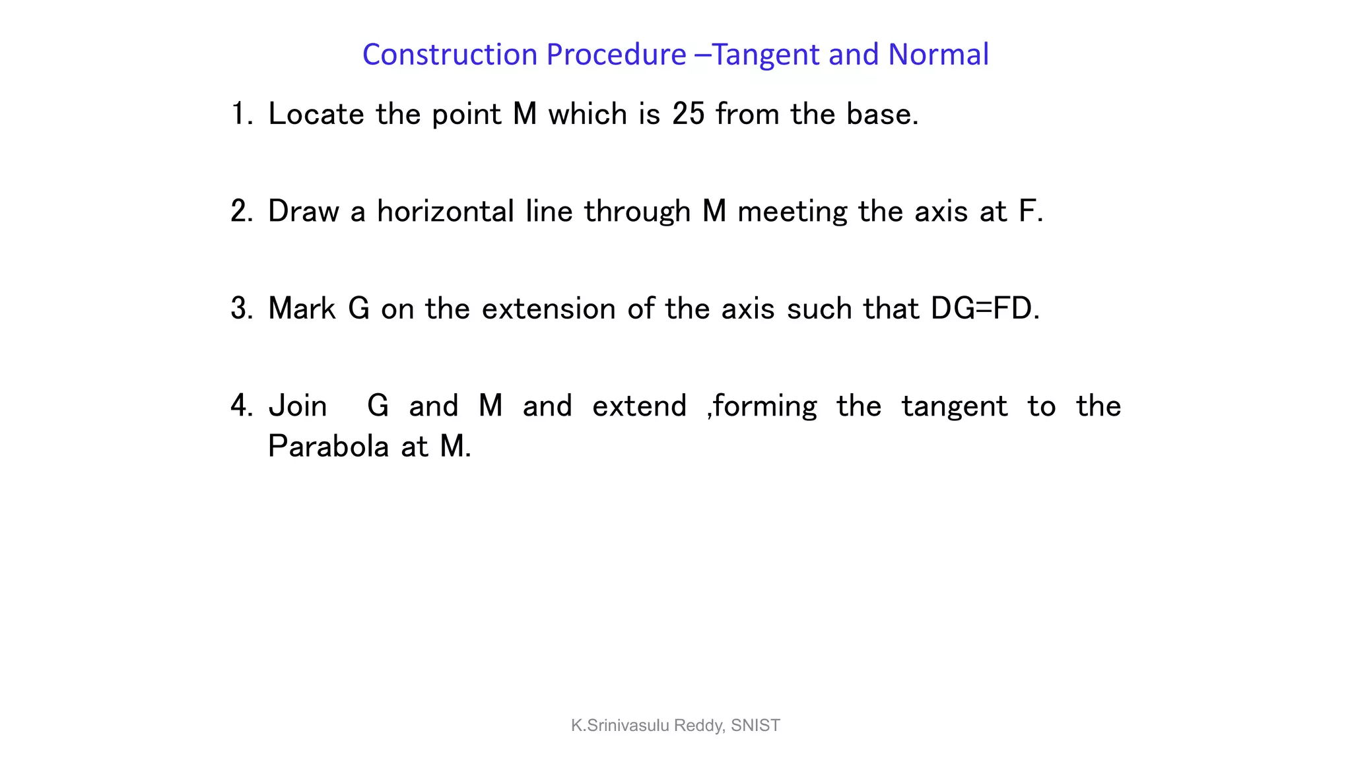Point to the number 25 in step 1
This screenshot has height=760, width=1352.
pyautogui.click(x=689, y=114)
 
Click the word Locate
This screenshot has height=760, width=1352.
pyautogui.click(x=316, y=114)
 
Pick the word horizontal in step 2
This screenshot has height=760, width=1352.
pyautogui.click(x=445, y=211)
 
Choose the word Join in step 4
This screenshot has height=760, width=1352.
pyautogui.click(x=298, y=406)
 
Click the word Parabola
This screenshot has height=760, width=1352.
pyautogui.click(x=329, y=447)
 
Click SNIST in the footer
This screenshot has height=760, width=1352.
pyautogui.click(x=755, y=726)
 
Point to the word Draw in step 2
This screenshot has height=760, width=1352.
pyautogui.click(x=303, y=211)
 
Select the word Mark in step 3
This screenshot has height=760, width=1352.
pyautogui.click(x=302, y=308)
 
